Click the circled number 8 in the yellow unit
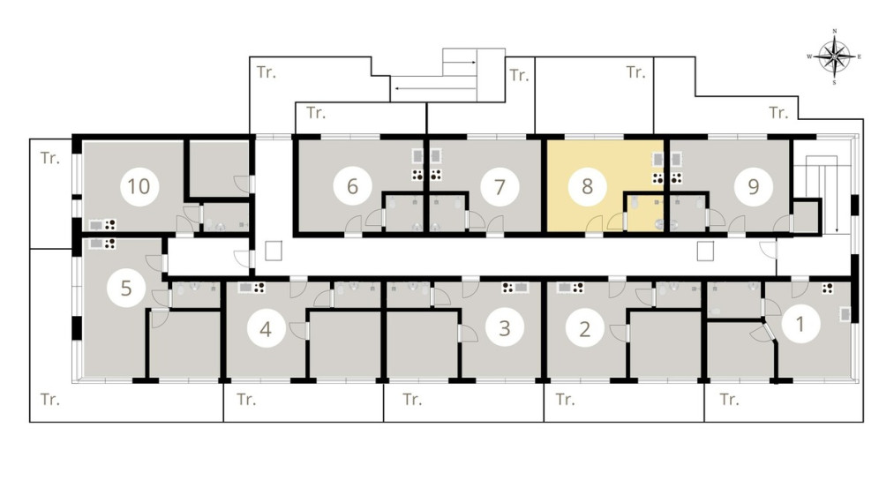click(x=587, y=186)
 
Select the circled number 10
click(x=139, y=186)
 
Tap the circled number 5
click(x=126, y=288)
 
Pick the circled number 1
click(x=800, y=324)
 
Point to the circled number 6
click(x=352, y=186)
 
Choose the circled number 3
click(x=505, y=328)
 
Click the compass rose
click(x=834, y=57)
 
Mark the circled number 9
click(x=753, y=186)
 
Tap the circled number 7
click(x=500, y=186)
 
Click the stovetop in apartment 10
click(x=110, y=225)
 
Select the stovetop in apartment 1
click(x=827, y=288)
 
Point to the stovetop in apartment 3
click(x=507, y=288)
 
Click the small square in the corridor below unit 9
click(x=705, y=251)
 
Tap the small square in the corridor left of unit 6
click(x=274, y=251)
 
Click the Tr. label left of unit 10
click(x=50, y=158)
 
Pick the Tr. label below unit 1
click(x=729, y=399)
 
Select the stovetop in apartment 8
click(x=658, y=178)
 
